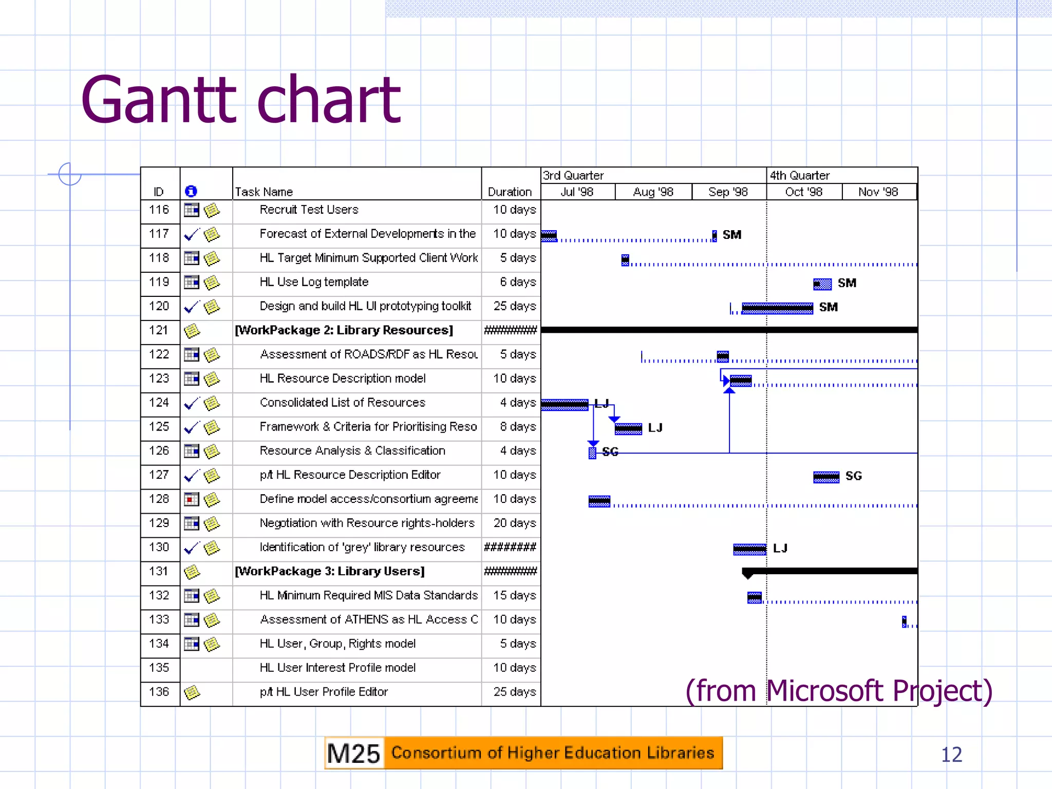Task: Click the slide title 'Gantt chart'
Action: click(240, 100)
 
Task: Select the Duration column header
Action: click(510, 192)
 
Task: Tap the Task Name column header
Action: click(264, 192)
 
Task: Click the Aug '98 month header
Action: click(653, 192)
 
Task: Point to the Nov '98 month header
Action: click(878, 192)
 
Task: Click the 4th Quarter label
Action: click(799, 175)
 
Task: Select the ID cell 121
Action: click(159, 330)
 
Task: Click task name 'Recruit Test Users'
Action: click(309, 210)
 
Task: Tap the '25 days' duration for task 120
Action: click(514, 306)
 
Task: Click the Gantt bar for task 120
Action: click(777, 308)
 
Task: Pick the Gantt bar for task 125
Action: click(628, 429)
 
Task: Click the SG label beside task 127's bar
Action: click(854, 476)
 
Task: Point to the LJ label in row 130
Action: click(780, 549)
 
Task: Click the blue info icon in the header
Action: click(191, 191)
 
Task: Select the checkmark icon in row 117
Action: click(191, 235)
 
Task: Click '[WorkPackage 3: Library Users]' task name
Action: click(330, 571)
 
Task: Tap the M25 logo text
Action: click(353, 754)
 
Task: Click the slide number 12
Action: click(951, 755)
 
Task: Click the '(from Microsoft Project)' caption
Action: click(838, 691)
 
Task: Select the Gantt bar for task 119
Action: click(822, 284)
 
